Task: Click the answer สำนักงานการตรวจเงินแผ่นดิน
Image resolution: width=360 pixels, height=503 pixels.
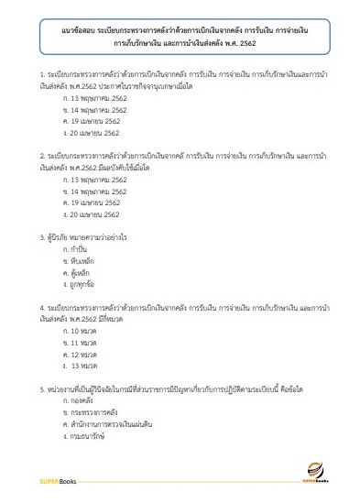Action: pos(109,425)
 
